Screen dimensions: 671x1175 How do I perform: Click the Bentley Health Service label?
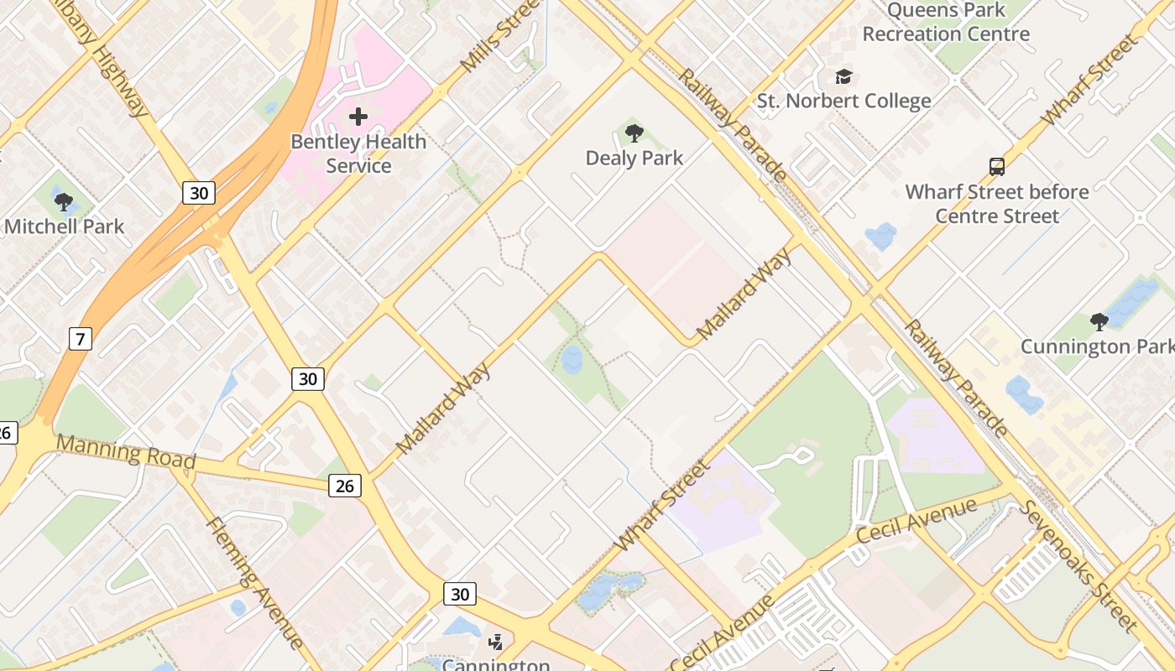click(x=358, y=153)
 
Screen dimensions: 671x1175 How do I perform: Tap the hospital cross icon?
click(x=358, y=116)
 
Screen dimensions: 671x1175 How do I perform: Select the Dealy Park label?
click(x=634, y=158)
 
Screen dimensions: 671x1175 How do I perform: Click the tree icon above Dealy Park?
click(x=634, y=133)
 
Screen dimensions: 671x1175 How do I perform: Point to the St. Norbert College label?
click(x=843, y=101)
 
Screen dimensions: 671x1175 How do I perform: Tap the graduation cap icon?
click(x=843, y=77)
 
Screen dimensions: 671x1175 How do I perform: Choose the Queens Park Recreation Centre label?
click(x=946, y=23)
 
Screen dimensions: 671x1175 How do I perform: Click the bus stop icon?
click(x=997, y=166)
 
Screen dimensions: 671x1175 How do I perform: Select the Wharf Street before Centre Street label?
click(x=997, y=204)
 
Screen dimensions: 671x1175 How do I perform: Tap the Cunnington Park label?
click(x=1097, y=346)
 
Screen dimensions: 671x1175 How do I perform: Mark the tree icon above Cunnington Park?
click(x=1099, y=321)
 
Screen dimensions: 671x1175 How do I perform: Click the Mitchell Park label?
click(x=64, y=226)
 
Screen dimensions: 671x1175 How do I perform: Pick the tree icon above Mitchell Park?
click(x=63, y=201)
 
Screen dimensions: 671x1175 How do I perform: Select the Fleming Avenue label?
click(x=254, y=583)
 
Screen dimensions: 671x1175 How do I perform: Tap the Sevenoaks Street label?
click(x=1078, y=565)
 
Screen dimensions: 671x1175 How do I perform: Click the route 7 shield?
click(x=80, y=339)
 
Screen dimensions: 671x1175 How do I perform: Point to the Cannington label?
click(x=496, y=665)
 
